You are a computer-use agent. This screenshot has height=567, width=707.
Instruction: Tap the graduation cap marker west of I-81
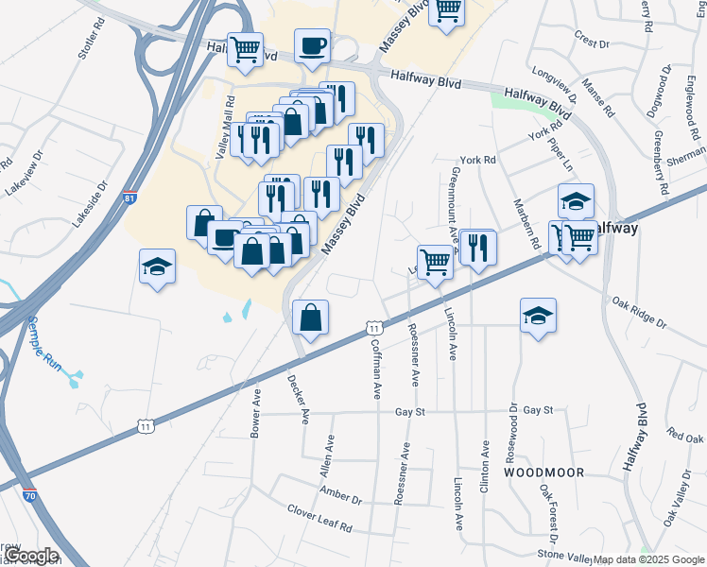point(158,267)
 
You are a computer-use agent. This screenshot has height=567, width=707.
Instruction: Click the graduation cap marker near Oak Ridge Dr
point(538,317)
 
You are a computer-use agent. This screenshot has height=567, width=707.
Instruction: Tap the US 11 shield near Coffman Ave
point(374,328)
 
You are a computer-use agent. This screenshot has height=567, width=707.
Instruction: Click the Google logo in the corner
point(32,556)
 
